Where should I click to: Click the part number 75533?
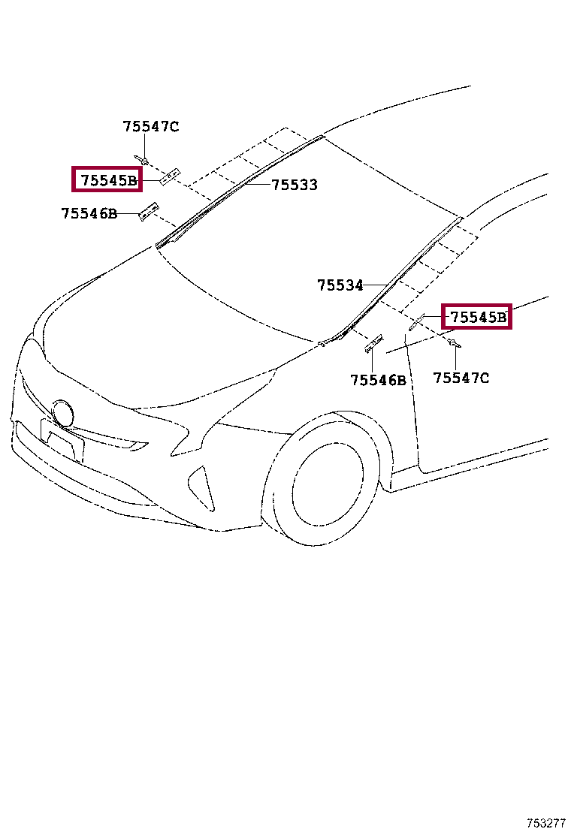pyautogui.click(x=294, y=185)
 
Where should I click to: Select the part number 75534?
pyautogui.click(x=340, y=285)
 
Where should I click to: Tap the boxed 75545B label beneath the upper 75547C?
pyautogui.click(x=107, y=179)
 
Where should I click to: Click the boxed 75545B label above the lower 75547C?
pyautogui.click(x=477, y=317)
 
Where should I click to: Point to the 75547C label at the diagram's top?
pyautogui.click(x=151, y=127)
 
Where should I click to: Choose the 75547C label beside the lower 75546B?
pyautogui.click(x=461, y=378)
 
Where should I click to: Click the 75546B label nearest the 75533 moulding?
pyautogui.click(x=89, y=214)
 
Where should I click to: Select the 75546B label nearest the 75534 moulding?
pyautogui.click(x=378, y=381)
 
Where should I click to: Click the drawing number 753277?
pyautogui.click(x=545, y=823)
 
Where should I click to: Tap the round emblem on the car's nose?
pyautogui.click(x=63, y=414)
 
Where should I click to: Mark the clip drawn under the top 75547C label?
pyautogui.click(x=143, y=159)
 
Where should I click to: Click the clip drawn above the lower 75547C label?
pyautogui.click(x=453, y=344)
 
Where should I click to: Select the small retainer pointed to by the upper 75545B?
pyautogui.click(x=171, y=176)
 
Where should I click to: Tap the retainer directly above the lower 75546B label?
pyautogui.click(x=373, y=343)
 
